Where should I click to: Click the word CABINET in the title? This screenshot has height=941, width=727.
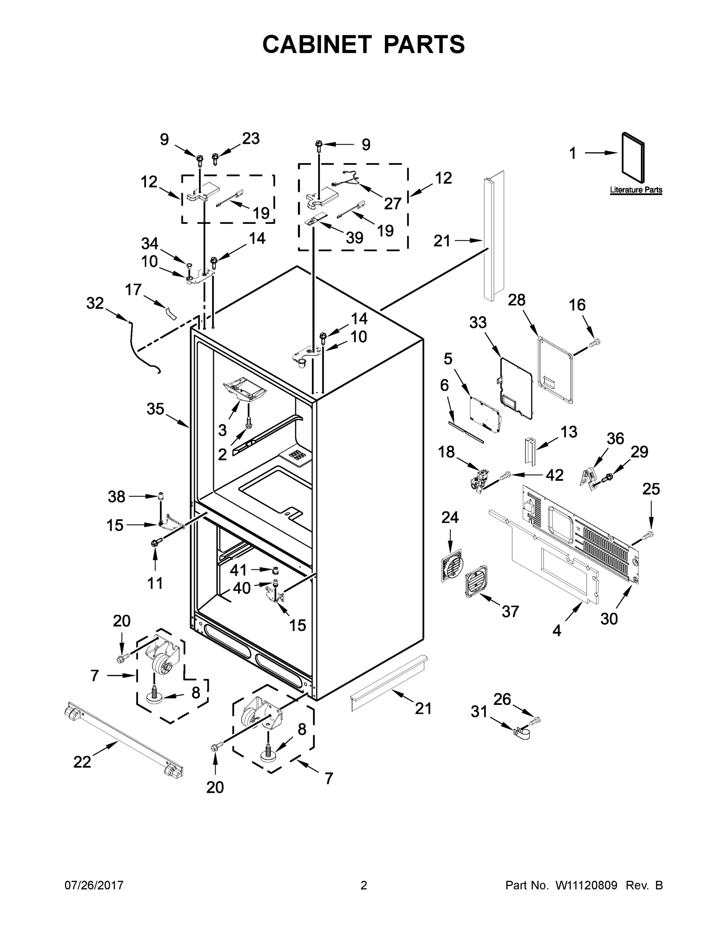[x=317, y=44]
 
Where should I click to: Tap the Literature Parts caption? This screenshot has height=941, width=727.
[x=636, y=190]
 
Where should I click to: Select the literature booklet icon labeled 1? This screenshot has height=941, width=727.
[x=633, y=158]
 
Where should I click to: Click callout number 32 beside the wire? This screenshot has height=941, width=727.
[x=95, y=303]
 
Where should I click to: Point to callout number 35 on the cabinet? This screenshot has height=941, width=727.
[x=155, y=409]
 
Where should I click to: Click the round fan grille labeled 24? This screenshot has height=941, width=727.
[x=451, y=565]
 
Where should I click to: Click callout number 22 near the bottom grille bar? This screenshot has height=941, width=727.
[x=82, y=762]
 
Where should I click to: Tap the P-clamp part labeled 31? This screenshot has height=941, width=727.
[x=522, y=732]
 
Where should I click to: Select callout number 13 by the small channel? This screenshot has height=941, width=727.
[x=569, y=431]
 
